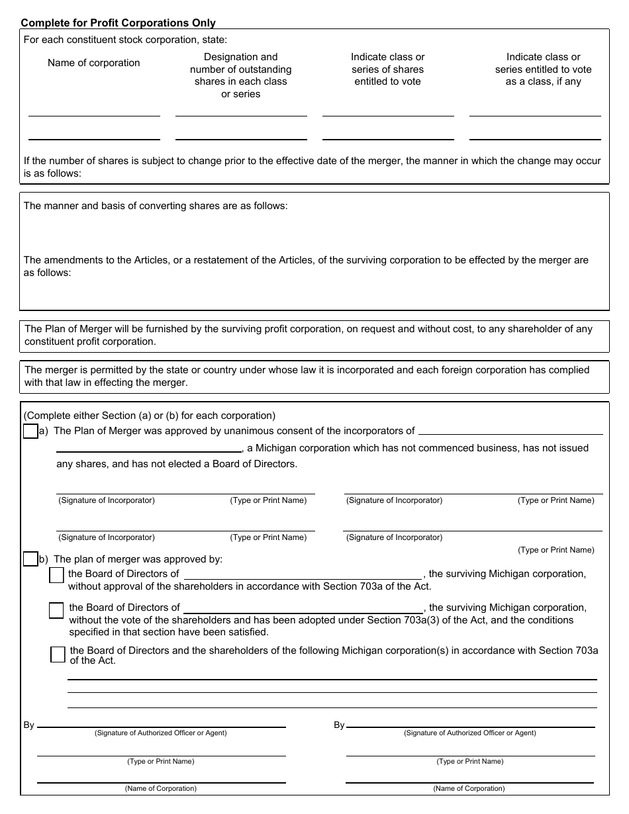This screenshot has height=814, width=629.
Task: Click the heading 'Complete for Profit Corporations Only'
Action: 118,23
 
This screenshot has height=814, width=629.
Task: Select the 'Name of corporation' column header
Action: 94,63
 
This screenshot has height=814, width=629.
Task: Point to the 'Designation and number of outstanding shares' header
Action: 241,75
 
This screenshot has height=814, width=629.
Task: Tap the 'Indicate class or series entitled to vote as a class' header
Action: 543,69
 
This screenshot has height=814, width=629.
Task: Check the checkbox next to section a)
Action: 30,431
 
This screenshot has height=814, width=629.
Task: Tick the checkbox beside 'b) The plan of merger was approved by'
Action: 30,559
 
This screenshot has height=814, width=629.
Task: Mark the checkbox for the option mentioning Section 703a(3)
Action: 56,610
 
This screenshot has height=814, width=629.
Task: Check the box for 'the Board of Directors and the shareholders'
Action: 58,655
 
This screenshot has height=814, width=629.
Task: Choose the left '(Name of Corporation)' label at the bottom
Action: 161,788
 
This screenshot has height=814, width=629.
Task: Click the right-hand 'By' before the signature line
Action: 339,725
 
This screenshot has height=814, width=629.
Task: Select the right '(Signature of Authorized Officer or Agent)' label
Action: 470,733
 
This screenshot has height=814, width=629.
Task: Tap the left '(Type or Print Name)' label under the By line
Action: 161,761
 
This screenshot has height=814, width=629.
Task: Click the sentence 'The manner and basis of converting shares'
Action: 156,206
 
